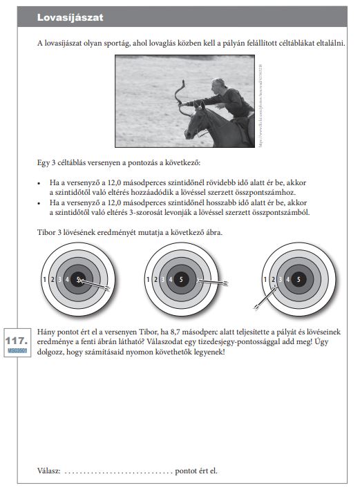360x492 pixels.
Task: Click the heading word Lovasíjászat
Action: (x=70, y=17)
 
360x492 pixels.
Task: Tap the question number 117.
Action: (x=17, y=341)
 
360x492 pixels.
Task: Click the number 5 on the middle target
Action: (x=181, y=279)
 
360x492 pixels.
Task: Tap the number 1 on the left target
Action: (x=45, y=279)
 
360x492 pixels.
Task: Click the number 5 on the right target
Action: (x=299, y=279)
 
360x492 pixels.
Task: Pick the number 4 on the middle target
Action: (x=171, y=279)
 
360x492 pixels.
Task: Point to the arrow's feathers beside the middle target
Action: (x=224, y=283)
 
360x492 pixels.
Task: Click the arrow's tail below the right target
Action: (x=257, y=307)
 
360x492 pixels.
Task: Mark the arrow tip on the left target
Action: (x=79, y=280)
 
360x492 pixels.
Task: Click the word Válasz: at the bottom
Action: (x=48, y=471)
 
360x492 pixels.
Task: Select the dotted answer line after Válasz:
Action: (x=118, y=472)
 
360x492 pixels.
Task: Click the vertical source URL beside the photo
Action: (x=260, y=106)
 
